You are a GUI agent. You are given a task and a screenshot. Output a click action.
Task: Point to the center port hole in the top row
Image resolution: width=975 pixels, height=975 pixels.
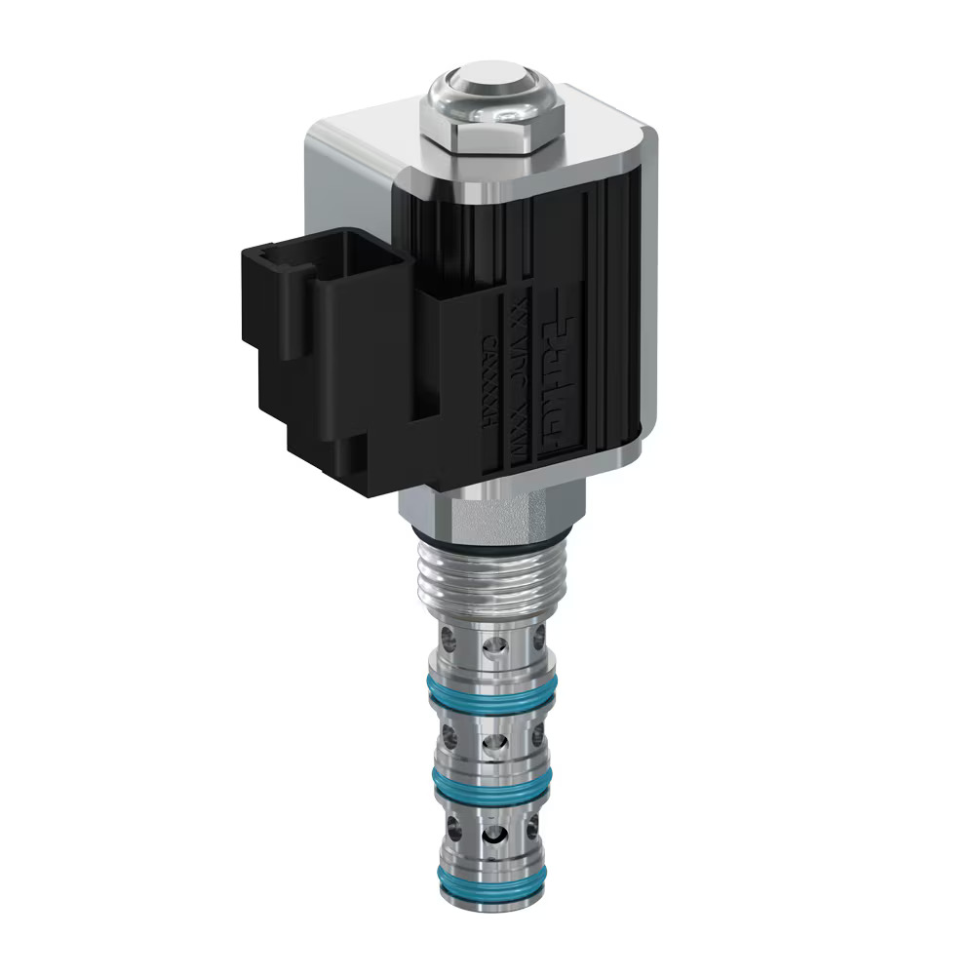pos(494,645)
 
